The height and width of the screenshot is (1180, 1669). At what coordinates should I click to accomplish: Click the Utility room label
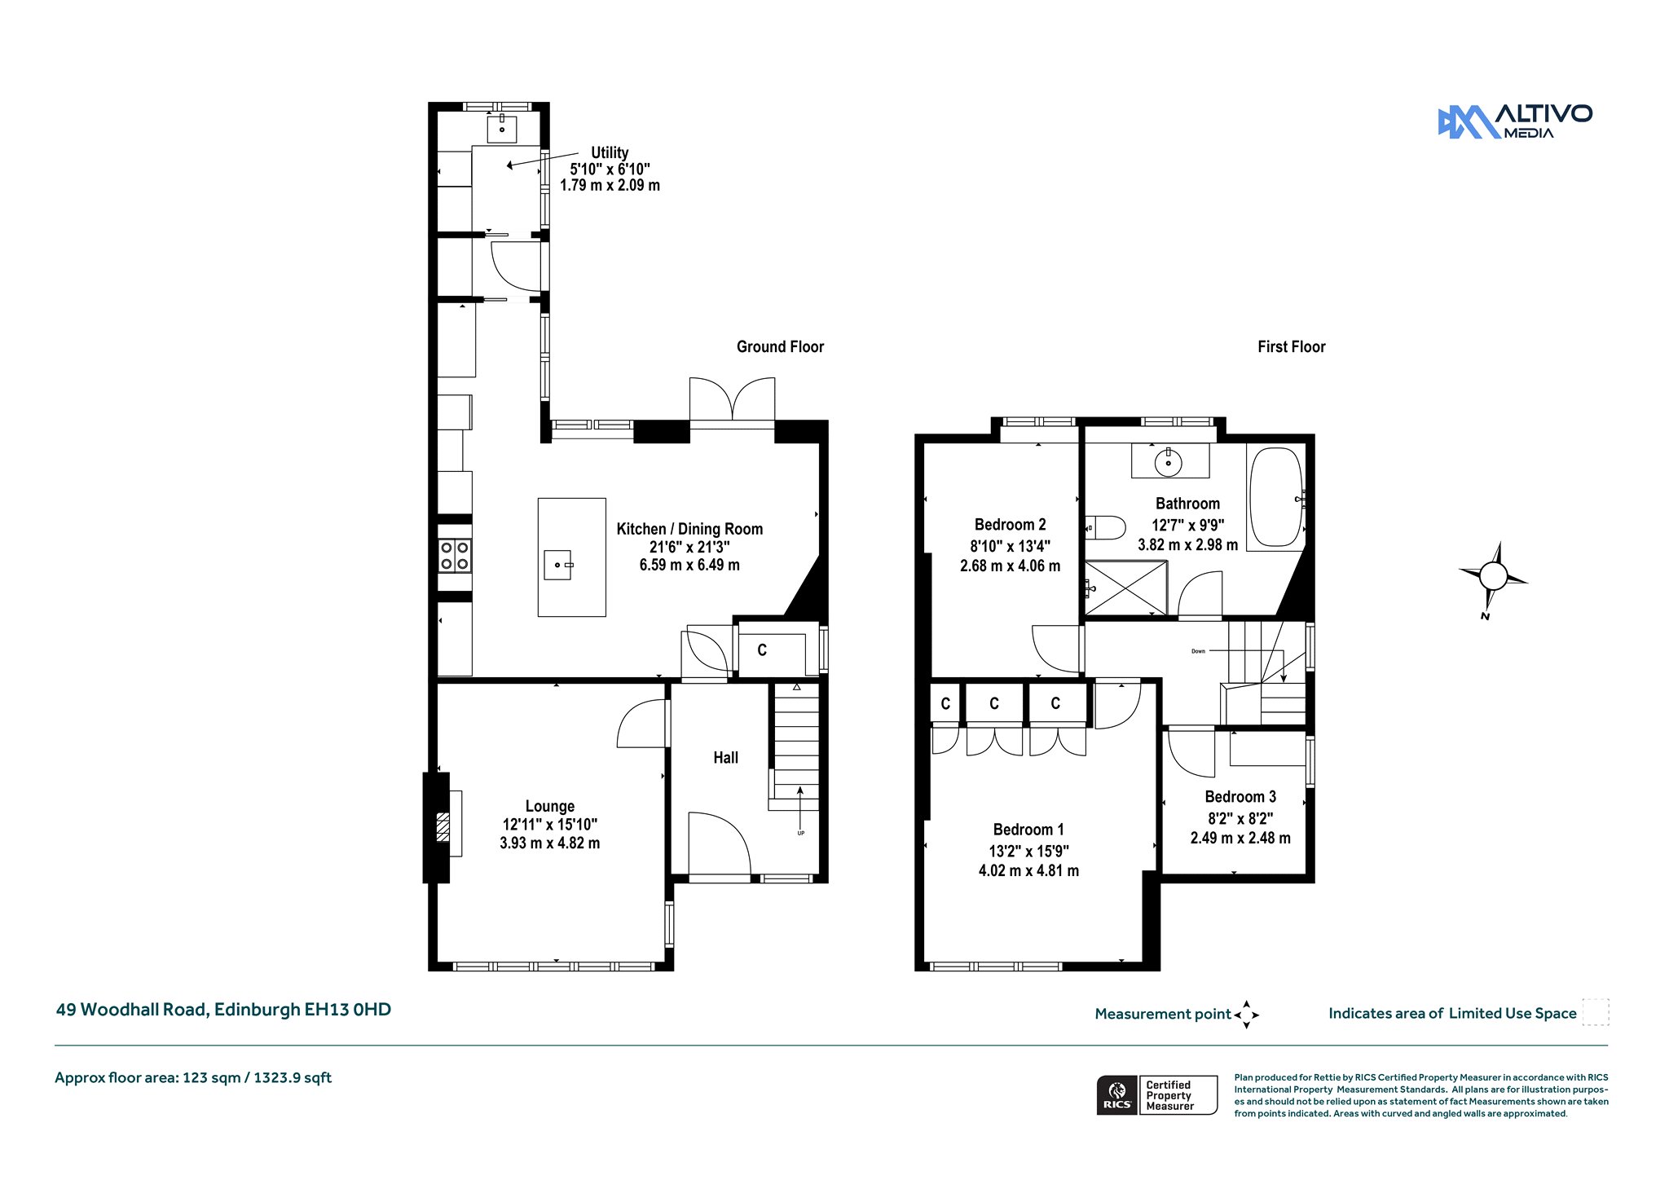coord(610,152)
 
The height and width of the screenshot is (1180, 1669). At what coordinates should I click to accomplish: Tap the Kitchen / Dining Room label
coord(689,529)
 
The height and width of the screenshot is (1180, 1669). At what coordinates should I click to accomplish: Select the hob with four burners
coord(455,555)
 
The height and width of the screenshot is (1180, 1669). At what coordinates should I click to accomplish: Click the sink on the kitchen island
coord(559,564)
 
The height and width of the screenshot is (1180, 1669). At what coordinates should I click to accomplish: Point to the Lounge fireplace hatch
coord(443,826)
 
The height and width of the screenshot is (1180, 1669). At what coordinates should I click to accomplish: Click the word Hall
coord(725,758)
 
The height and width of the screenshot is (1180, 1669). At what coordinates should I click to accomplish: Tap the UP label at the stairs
coord(801,833)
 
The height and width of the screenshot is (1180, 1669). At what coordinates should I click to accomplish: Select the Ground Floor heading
coord(780,346)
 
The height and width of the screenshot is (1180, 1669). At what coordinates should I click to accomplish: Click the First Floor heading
coord(1291,346)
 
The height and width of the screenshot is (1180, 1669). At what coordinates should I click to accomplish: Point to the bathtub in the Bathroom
coord(1275,497)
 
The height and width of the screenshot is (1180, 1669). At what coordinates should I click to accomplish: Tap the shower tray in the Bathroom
coord(1125,588)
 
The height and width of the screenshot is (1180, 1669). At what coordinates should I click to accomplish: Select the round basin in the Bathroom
coord(1169,463)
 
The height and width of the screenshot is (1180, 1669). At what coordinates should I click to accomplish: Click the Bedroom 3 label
coord(1240,796)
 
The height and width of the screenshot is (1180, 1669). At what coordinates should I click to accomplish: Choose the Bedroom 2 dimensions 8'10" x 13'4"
coord(1010,546)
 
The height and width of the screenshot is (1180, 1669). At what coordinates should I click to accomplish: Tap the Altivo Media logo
coord(1515,122)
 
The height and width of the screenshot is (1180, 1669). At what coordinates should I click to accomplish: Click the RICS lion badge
coord(1117,1094)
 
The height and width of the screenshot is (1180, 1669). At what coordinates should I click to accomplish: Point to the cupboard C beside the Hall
coord(762,649)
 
